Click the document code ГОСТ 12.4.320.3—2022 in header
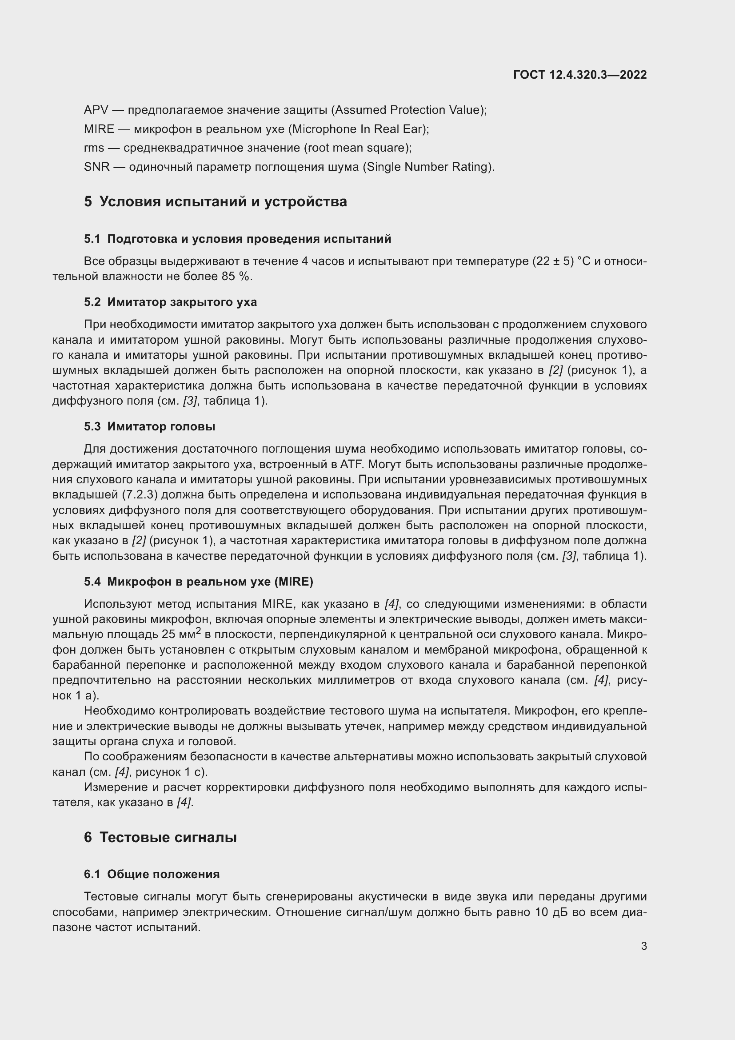pos(580,75)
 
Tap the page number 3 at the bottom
pos(643,946)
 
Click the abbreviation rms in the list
pos(94,148)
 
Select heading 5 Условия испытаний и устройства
pos(216,201)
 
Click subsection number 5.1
pos(92,239)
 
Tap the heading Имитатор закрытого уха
pos(182,302)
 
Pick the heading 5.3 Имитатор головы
pos(149,427)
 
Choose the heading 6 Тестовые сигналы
pos(160,838)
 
